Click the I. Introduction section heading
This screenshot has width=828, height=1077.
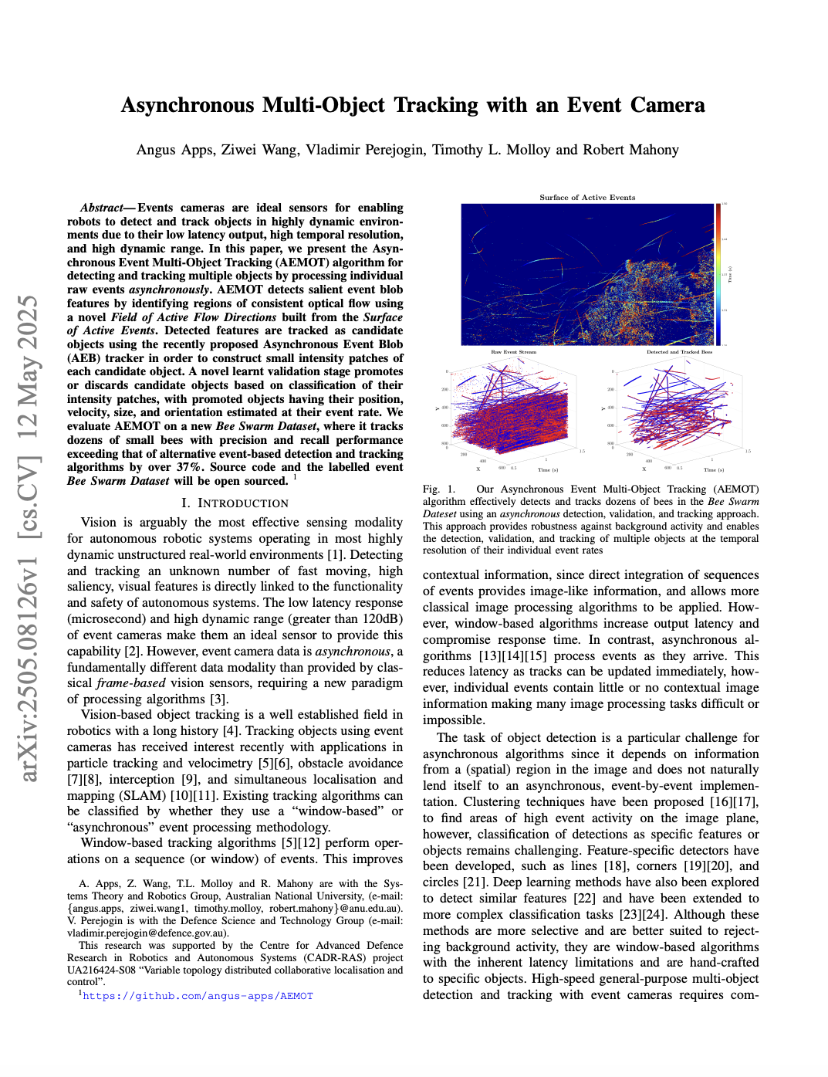(235, 503)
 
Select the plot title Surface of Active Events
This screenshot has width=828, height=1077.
(587, 198)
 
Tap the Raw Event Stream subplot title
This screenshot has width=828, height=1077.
(513, 352)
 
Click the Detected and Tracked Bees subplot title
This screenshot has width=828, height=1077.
(679, 352)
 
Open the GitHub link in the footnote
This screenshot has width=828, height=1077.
(198, 996)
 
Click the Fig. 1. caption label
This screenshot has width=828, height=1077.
(439, 489)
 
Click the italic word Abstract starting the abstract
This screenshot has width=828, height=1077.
(102, 208)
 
